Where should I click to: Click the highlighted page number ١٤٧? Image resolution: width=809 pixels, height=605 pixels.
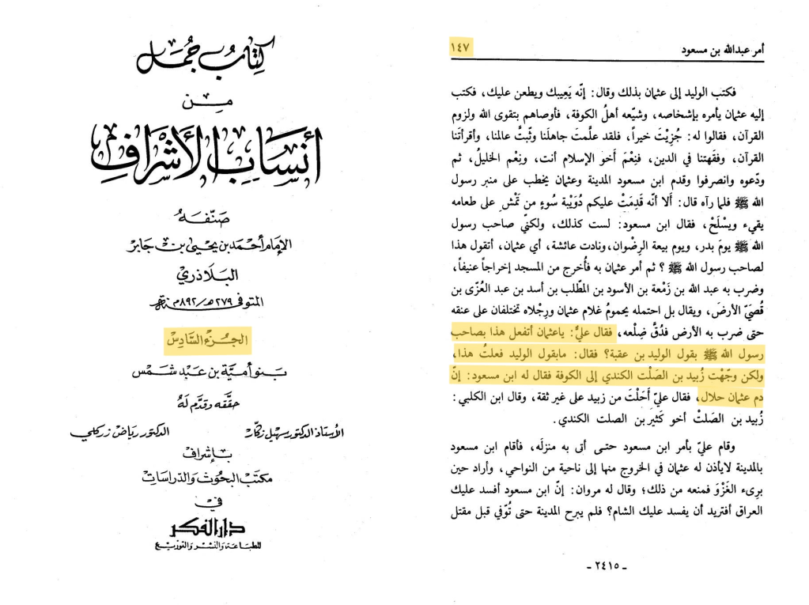(x=460, y=47)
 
